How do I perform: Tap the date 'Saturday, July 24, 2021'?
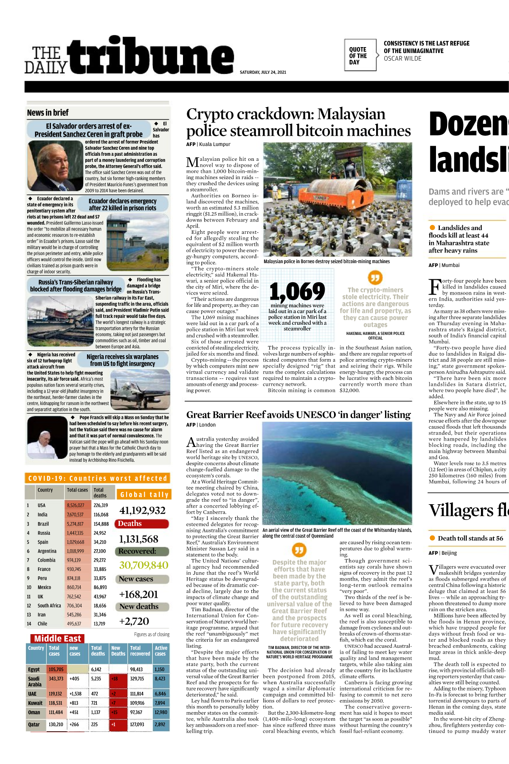click(x=263, y=72)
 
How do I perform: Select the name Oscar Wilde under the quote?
click(x=402, y=59)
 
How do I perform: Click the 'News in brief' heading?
click(x=48, y=113)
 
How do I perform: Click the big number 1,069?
click(x=297, y=292)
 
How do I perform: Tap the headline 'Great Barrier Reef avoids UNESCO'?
click(x=298, y=415)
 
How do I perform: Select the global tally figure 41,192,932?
click(x=142, y=510)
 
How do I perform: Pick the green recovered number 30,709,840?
click(x=143, y=565)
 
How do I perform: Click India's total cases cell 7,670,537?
click(x=75, y=514)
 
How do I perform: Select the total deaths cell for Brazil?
click(x=101, y=524)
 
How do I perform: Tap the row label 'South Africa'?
click(x=49, y=606)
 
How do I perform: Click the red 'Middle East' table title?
click(x=57, y=638)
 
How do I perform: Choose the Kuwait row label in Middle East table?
click(x=35, y=703)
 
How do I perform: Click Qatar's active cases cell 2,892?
click(x=160, y=725)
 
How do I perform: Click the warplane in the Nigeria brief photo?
click(x=134, y=390)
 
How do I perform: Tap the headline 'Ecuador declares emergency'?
click(x=122, y=205)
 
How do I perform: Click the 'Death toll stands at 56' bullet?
click(x=470, y=538)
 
